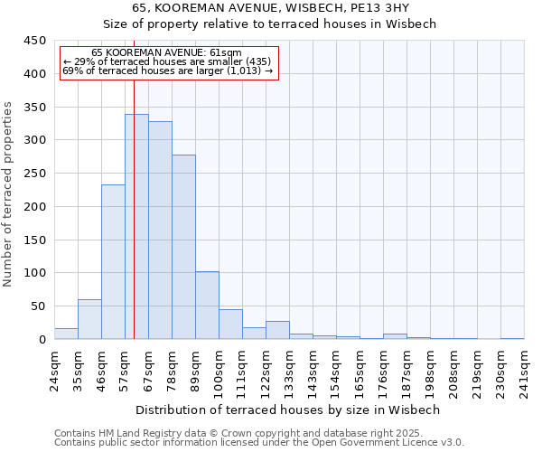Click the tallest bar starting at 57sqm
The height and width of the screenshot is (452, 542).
[136, 227]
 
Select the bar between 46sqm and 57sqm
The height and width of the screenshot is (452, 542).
[113, 262]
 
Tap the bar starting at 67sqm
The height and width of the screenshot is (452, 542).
[160, 231]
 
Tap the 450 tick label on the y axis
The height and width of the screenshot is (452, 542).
[35, 41]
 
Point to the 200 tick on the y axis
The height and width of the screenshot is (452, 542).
[35, 207]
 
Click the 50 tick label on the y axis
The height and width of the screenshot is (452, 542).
[38, 306]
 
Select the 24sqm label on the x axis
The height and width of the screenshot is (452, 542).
[54, 367]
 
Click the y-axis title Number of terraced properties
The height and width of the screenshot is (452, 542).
[9, 193]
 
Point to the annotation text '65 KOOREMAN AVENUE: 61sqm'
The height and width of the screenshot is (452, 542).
[167, 53]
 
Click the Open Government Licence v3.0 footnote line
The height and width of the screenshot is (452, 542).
[259, 443]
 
